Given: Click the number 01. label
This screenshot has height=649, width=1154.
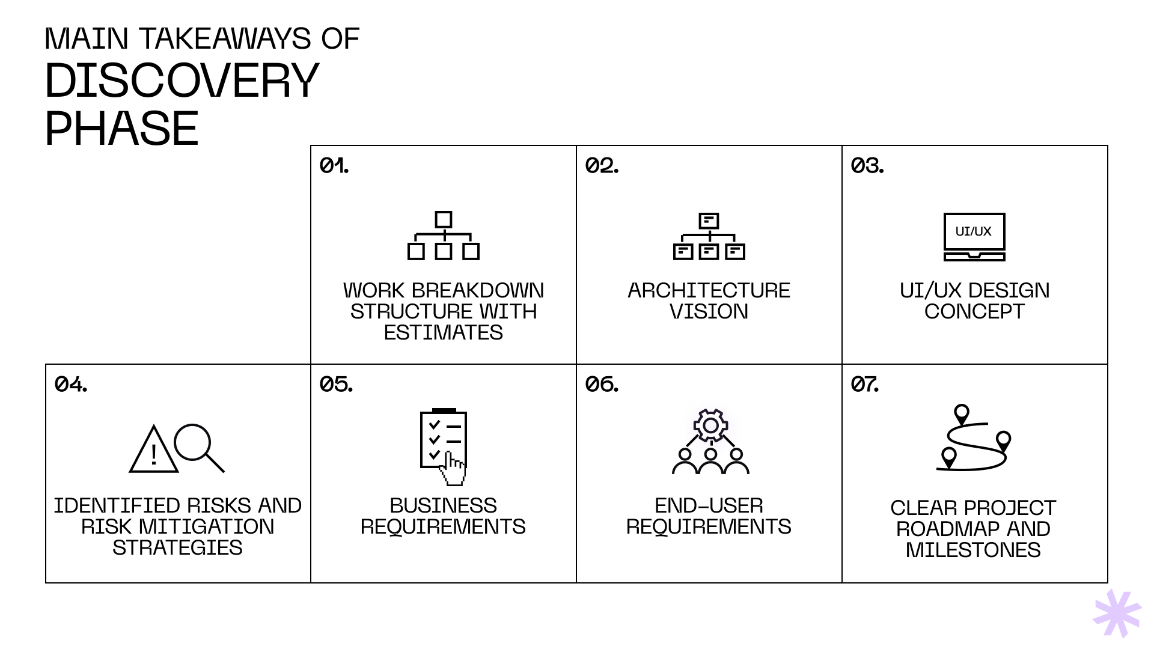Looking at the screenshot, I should point(334,165).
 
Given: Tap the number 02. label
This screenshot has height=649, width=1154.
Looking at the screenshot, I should point(602,165).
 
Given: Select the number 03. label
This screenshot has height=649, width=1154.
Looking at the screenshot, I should point(867,165).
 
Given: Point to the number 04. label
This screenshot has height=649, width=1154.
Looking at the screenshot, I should point(71,384).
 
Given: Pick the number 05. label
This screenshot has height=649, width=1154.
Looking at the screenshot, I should point(336,384).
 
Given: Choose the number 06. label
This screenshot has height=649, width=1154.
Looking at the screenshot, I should point(602,384).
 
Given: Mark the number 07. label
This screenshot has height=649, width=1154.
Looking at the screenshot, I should point(865,384).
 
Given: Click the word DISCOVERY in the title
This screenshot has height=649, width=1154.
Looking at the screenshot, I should point(182,81).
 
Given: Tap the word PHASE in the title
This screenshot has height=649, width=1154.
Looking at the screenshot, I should point(121,129).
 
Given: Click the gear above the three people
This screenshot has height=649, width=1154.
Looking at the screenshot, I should point(710,425).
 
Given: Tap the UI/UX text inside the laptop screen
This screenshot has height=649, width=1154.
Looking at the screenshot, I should point(974,231).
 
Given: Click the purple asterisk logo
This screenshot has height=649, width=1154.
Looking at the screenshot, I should point(1117,613).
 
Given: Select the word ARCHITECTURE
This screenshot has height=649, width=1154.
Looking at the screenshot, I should point(709,291).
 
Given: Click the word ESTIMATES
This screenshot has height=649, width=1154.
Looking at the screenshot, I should point(443,333).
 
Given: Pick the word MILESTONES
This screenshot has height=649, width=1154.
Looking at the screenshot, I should point(973,550).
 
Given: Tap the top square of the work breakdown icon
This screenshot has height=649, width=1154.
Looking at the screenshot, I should point(444,219).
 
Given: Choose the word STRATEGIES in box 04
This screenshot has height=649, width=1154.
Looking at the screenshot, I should point(177,548).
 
